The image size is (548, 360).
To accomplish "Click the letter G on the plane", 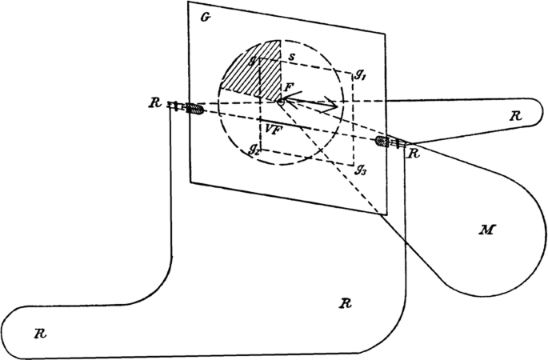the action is point(205,17).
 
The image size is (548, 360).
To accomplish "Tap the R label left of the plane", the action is point(154,103).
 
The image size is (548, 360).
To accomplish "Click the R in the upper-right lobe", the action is point(515,116).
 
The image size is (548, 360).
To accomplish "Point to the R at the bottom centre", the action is point(345,304).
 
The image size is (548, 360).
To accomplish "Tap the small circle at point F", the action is point(281,102).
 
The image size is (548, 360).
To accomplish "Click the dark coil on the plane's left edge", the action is point(192,108).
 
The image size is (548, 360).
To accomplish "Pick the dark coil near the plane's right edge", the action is point(382,142).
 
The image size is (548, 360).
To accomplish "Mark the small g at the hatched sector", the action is point(251,59).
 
